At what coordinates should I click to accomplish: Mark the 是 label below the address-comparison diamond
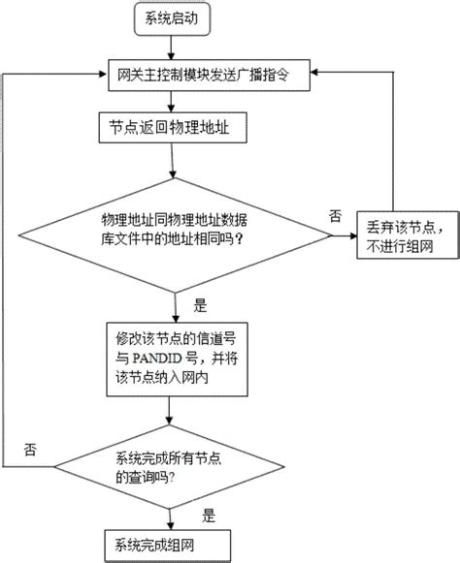pos(201,305)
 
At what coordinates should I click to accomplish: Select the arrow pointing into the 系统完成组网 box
pos(176,515)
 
